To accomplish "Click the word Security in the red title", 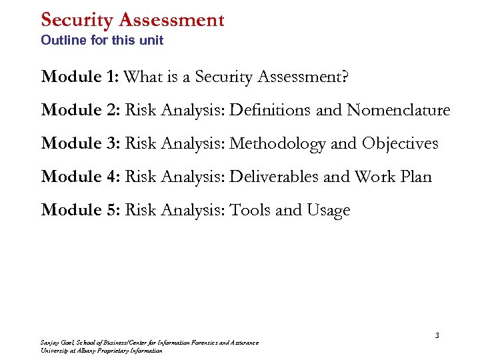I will point(78,20).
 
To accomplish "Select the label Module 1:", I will point(80,77).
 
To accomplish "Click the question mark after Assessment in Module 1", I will point(344,77).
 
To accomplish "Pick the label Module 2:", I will point(80,110).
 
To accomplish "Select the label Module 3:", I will point(80,143).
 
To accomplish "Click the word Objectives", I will point(400,143).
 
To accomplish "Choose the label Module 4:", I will point(80,177).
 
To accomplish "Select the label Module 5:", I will point(80,210).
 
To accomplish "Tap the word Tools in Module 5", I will point(250,210).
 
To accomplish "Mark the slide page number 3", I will point(437,335).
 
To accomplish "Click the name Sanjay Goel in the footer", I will point(55,343).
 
